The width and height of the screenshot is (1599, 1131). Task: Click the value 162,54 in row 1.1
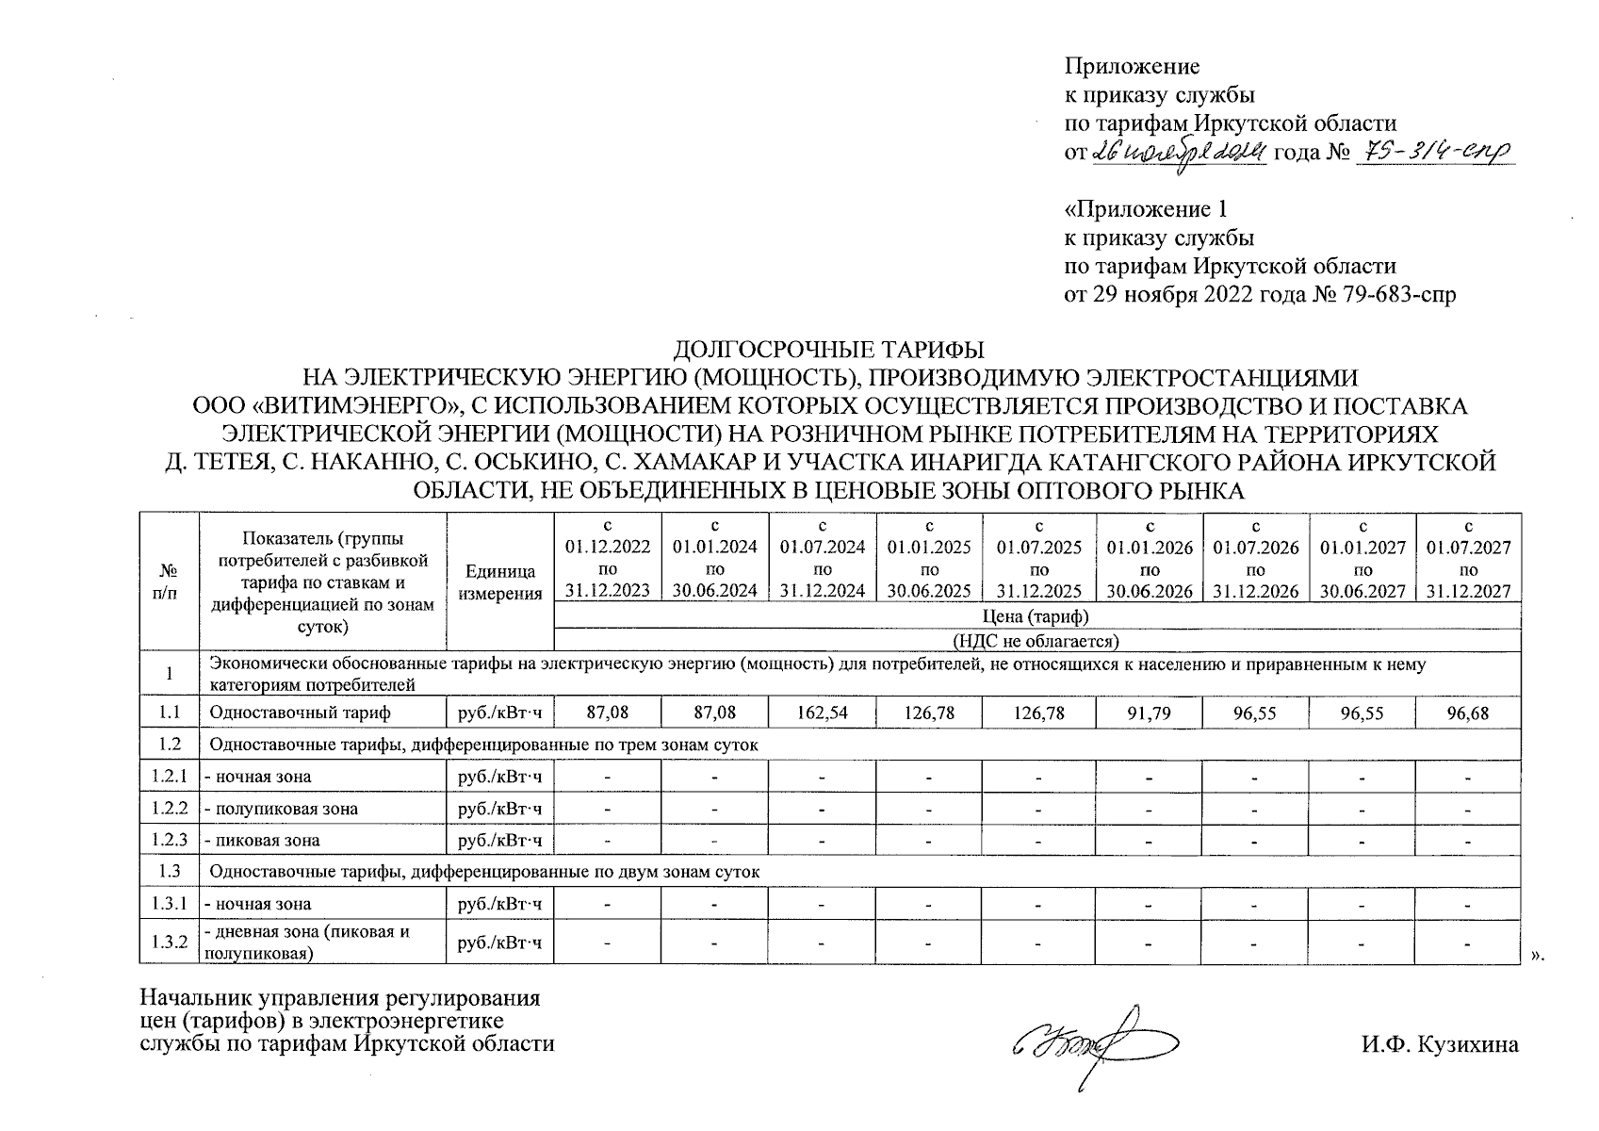pyautogui.click(x=823, y=713)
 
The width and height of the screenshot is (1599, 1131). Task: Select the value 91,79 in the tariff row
pyautogui.click(x=1149, y=713)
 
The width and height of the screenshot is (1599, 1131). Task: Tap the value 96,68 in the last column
pyautogui.click(x=1468, y=713)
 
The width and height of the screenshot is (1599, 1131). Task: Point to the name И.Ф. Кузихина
pyautogui.click(x=1439, y=1044)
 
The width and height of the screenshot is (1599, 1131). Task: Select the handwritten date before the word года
pyautogui.click(x=1178, y=153)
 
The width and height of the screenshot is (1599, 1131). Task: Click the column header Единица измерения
pyautogui.click(x=499, y=582)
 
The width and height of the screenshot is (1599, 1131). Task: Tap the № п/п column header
pyautogui.click(x=169, y=582)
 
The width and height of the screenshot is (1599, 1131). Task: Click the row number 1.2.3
pyautogui.click(x=169, y=840)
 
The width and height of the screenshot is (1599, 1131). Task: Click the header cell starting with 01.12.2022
pyautogui.click(x=608, y=559)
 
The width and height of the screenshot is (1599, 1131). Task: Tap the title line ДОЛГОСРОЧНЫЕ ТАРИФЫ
pyautogui.click(x=829, y=351)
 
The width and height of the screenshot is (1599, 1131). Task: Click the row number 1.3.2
pyautogui.click(x=169, y=942)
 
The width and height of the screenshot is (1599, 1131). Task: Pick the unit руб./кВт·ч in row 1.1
pyautogui.click(x=499, y=713)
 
